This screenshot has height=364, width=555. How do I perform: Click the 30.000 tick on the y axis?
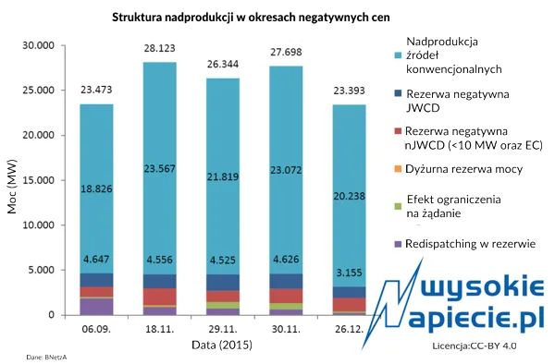[x=38, y=46]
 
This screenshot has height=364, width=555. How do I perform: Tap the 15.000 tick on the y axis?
[x=38, y=180]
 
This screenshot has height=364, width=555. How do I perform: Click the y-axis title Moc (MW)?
[x=12, y=180]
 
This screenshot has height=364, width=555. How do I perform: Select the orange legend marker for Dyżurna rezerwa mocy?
[x=398, y=167]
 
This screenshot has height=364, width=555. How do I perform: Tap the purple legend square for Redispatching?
[x=398, y=244]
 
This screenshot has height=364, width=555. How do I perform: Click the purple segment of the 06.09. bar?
[x=97, y=306]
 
